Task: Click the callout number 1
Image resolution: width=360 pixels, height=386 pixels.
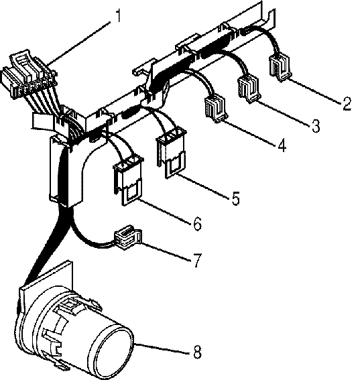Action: click(x=119, y=15)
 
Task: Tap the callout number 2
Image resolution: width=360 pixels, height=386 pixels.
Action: click(x=347, y=103)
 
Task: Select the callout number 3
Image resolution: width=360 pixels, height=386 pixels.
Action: click(x=316, y=125)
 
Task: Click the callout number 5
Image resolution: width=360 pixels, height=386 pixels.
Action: click(x=236, y=198)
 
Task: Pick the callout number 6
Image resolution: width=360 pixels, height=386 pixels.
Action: click(x=198, y=224)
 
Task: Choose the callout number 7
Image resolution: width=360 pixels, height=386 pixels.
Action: click(x=197, y=261)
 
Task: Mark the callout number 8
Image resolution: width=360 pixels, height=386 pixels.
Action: click(x=197, y=352)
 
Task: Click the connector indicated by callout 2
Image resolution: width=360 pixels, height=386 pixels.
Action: click(x=280, y=67)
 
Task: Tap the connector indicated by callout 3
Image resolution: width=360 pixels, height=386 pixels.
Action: click(x=249, y=88)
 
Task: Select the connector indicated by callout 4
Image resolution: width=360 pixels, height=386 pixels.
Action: click(x=216, y=109)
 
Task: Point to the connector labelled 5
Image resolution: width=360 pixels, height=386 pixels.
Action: click(x=171, y=153)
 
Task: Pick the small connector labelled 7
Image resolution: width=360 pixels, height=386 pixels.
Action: click(x=127, y=237)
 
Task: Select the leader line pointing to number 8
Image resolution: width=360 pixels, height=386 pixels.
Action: click(x=162, y=348)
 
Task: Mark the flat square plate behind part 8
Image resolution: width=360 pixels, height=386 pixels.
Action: click(x=46, y=283)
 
